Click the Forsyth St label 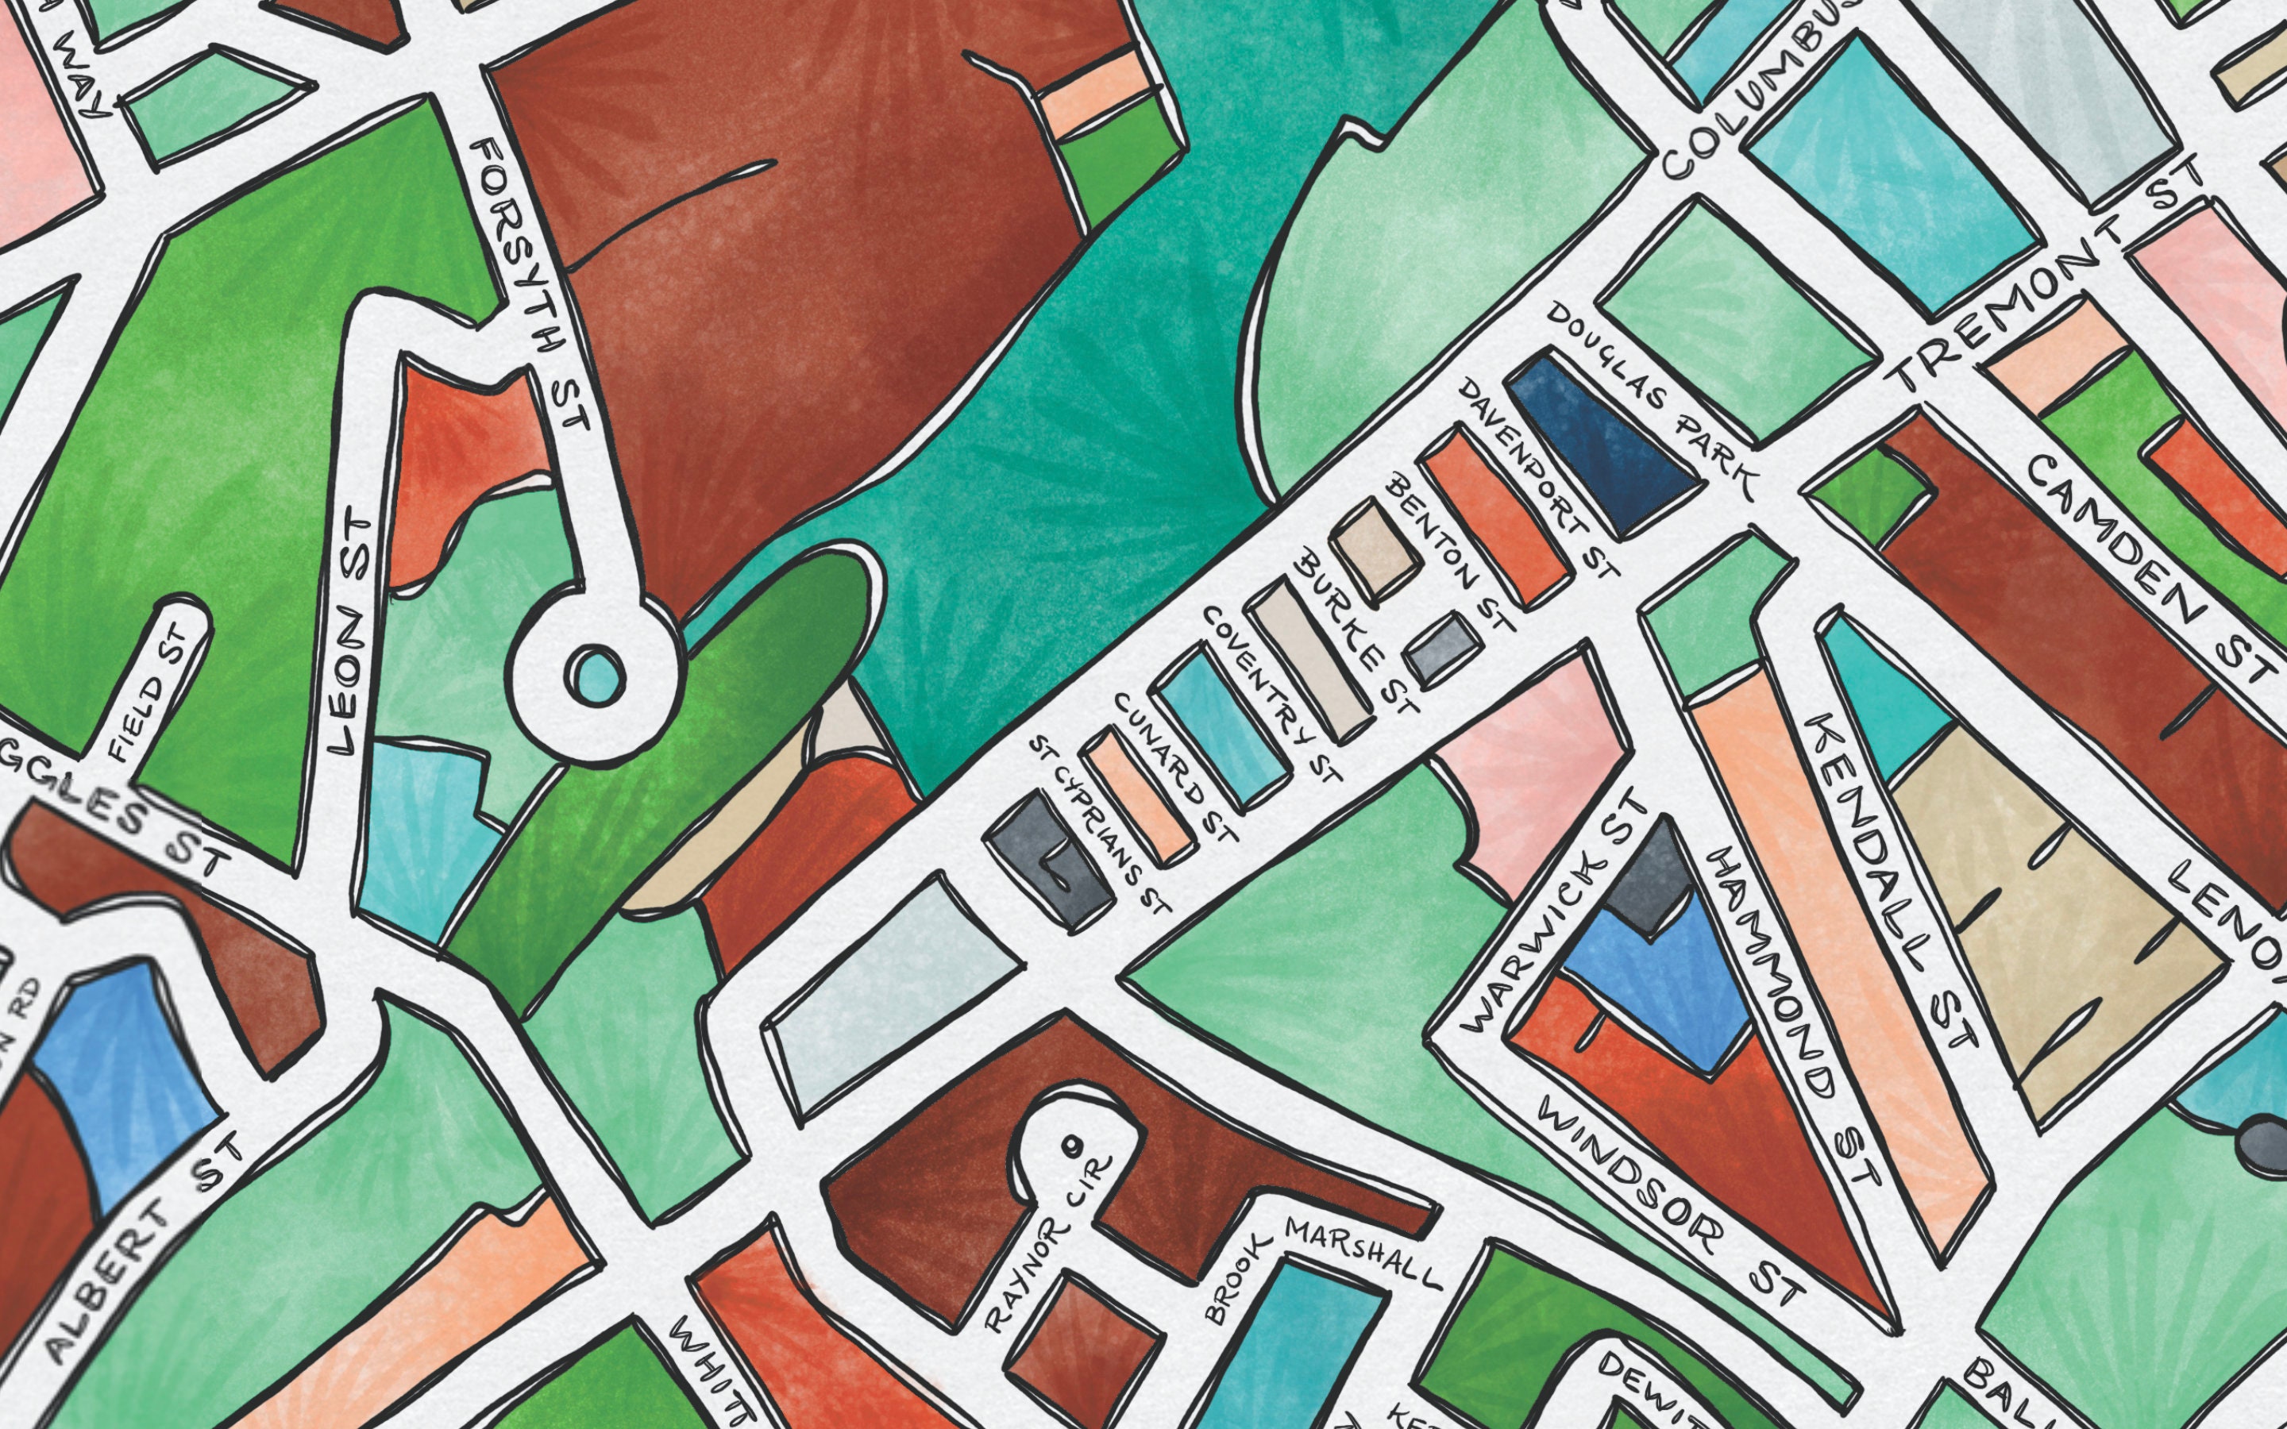[x=532, y=283]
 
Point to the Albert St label [x=142, y=1252]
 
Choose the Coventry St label [x=1271, y=695]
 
